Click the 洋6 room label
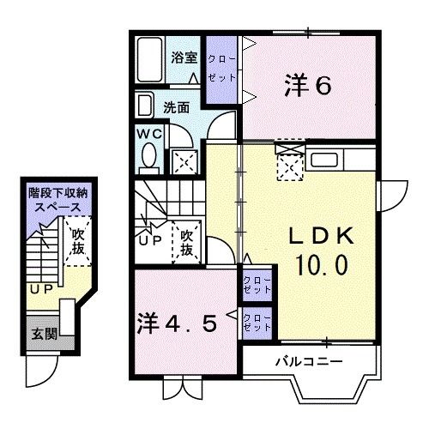(307, 85)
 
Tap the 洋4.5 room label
(184, 325)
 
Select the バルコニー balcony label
(306, 361)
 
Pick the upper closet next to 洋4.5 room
(256, 286)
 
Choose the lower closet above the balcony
(256, 322)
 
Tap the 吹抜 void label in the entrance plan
(78, 239)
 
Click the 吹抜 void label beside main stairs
(185, 241)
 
